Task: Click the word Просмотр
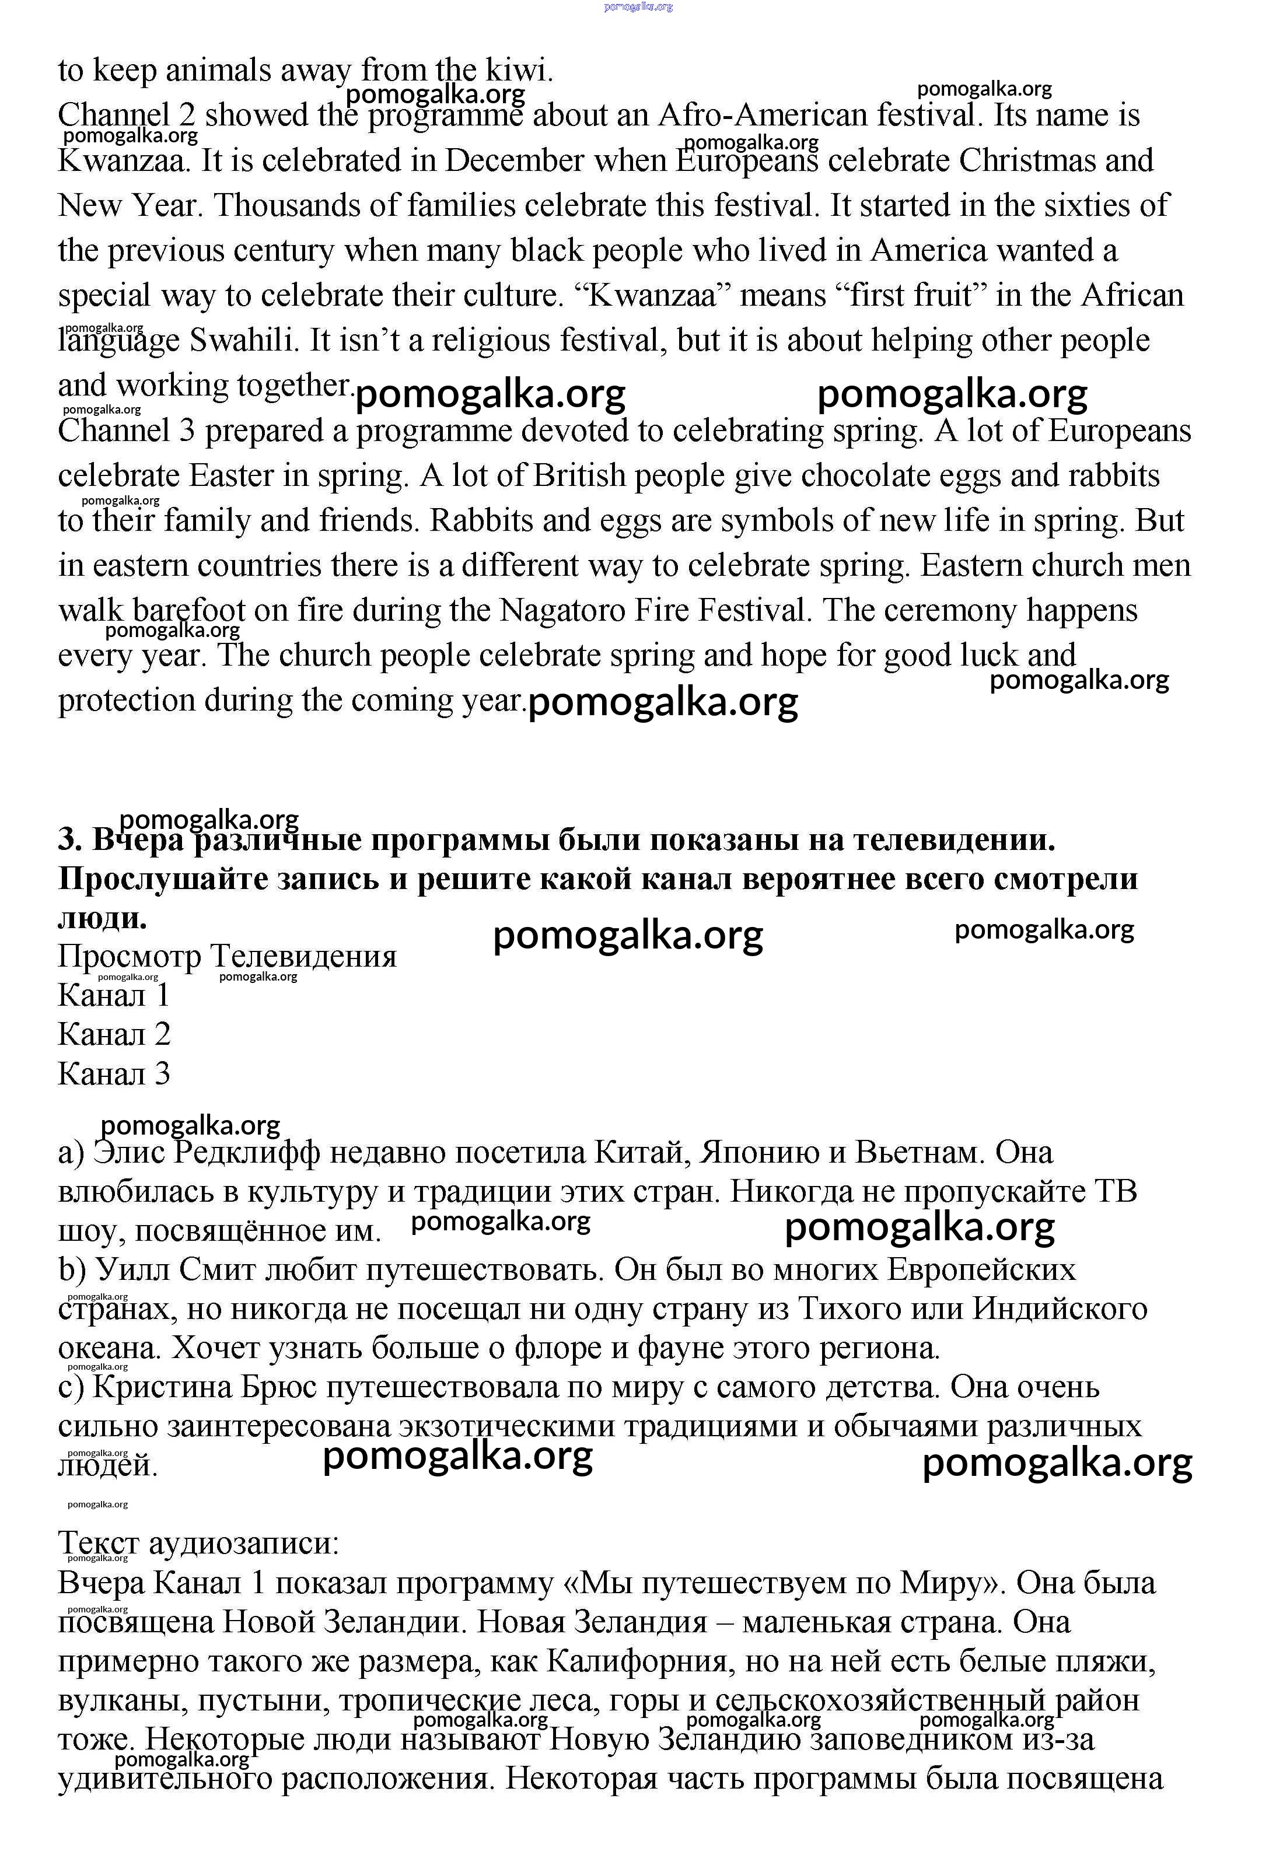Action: (x=129, y=957)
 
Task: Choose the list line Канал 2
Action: (x=114, y=1035)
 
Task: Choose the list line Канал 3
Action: (x=114, y=1075)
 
